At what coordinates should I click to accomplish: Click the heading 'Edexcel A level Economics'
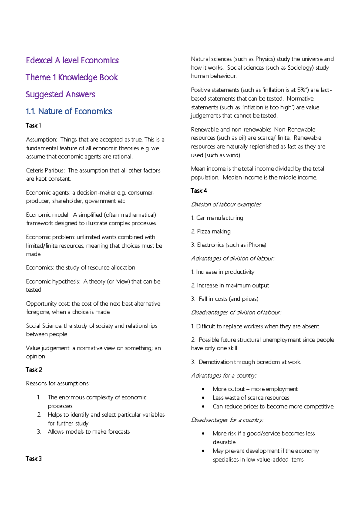pos(72,60)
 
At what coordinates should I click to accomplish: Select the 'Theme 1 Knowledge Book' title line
pos(71,77)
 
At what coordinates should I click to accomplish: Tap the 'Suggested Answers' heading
pos(60,94)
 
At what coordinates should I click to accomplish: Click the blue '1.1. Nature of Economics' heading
pos(69,111)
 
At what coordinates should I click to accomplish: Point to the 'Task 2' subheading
pos(34,370)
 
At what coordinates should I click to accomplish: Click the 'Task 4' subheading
pos(199,191)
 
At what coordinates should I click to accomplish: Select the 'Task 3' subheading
pos(34,459)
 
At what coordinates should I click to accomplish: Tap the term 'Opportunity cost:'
pos(48,304)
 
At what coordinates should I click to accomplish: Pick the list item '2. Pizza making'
pos(211,231)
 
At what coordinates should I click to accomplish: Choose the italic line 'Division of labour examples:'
pos(226,204)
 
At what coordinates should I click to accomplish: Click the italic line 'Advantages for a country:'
pos(224,375)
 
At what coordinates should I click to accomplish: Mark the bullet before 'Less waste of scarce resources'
pos(203,398)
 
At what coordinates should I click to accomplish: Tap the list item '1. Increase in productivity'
pos(223,272)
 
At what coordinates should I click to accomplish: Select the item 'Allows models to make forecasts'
pos(89,432)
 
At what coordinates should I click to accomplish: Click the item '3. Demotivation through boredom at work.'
pos(246,362)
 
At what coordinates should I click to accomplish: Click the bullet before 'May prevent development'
pos(203,451)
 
